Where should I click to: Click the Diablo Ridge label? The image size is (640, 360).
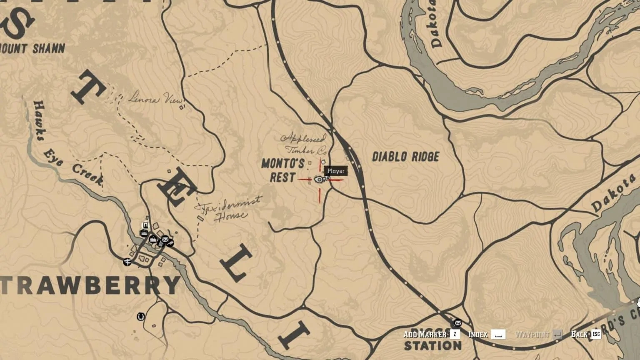(405, 157)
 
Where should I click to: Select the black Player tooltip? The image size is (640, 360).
(336, 171)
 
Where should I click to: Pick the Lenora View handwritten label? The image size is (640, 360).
(155, 99)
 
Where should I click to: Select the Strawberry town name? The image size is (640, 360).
(90, 285)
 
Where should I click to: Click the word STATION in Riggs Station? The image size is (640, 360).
(433, 345)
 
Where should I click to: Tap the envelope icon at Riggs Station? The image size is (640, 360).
(457, 322)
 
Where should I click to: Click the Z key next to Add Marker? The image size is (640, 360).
(455, 334)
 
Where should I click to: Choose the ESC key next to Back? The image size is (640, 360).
(596, 334)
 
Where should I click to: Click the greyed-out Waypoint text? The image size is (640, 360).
(532, 334)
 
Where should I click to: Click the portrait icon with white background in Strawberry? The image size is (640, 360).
(145, 226)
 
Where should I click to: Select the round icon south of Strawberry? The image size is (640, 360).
(141, 317)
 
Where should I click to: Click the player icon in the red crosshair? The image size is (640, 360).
(320, 180)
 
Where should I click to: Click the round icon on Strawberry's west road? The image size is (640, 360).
(127, 262)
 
